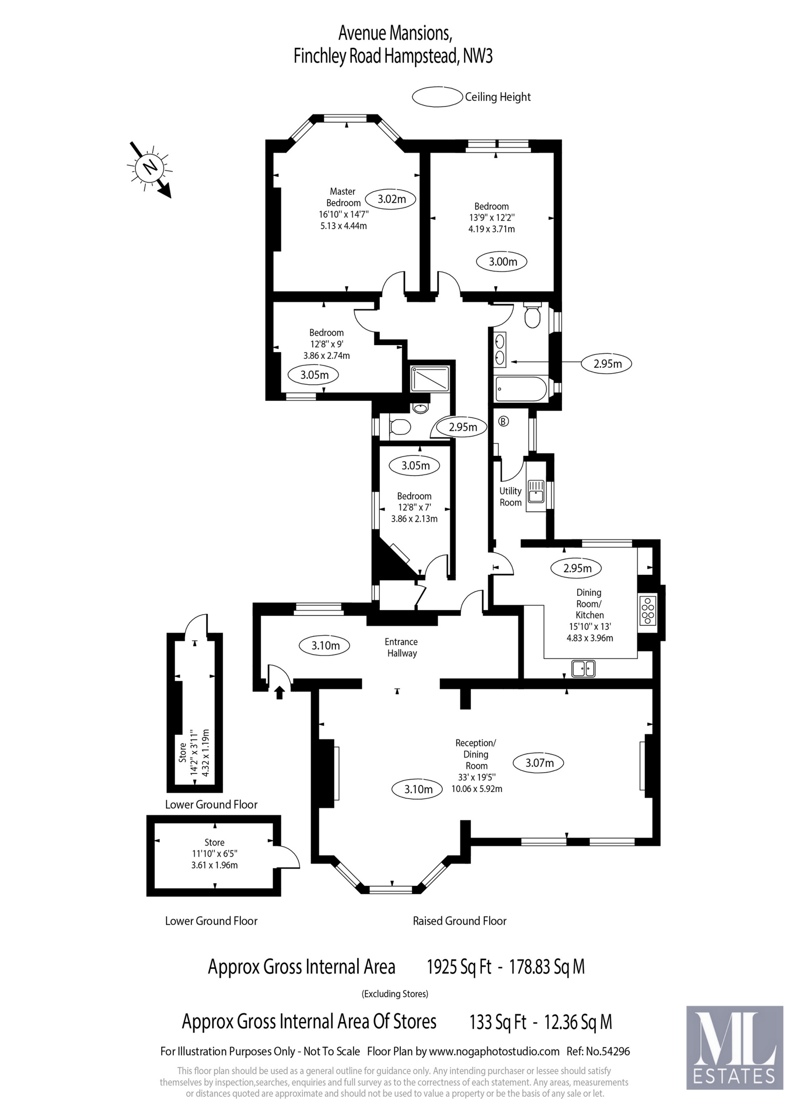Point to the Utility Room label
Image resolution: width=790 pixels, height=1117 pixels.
pyautogui.click(x=510, y=497)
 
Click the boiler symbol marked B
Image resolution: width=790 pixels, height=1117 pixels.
pyautogui.click(x=504, y=421)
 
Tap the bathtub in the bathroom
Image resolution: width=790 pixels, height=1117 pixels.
pyautogui.click(x=520, y=389)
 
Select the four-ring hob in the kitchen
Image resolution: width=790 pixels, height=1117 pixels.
pyautogui.click(x=648, y=611)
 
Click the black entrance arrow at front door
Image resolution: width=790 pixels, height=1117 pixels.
pyautogui.click(x=279, y=692)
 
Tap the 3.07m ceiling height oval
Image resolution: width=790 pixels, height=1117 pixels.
pyautogui.click(x=539, y=763)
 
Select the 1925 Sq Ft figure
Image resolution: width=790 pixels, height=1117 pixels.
pyautogui.click(x=459, y=967)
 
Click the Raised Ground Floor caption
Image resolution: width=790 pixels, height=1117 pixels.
pyautogui.click(x=460, y=921)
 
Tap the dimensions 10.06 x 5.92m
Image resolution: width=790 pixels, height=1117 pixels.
pyautogui.click(x=477, y=789)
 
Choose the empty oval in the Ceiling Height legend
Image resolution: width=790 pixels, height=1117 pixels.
pyautogui.click(x=437, y=97)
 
